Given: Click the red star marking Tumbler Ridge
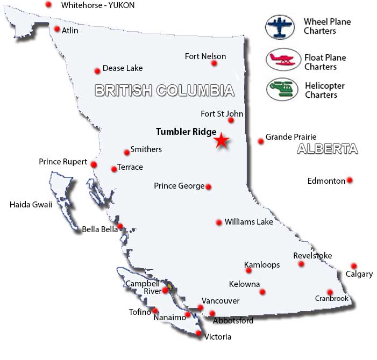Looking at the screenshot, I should [x=221, y=141].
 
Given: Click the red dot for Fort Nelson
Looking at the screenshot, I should [x=214, y=63].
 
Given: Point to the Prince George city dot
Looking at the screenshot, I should [x=209, y=187].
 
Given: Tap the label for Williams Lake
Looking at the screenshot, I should [x=248, y=221].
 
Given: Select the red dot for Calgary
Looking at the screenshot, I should [x=353, y=266].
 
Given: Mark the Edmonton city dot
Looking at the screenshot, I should [x=350, y=180].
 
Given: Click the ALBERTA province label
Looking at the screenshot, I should [x=327, y=149].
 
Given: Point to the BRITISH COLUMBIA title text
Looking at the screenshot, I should [x=165, y=90].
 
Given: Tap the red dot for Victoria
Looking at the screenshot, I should [x=198, y=334].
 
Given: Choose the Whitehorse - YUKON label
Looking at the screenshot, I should [x=97, y=5].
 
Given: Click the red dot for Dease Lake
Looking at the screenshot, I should [x=97, y=71].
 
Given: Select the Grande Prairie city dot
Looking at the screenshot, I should [x=261, y=141].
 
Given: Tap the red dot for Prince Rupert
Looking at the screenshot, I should [x=94, y=164].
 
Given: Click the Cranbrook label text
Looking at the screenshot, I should [x=332, y=299].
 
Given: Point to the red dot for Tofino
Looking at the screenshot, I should [x=155, y=311].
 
